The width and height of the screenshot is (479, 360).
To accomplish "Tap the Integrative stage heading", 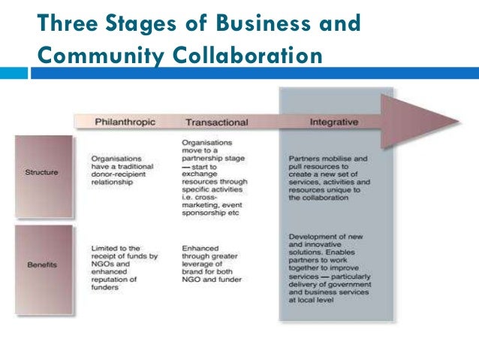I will [333, 121].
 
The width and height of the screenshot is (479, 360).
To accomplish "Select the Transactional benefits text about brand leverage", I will [213, 264].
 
